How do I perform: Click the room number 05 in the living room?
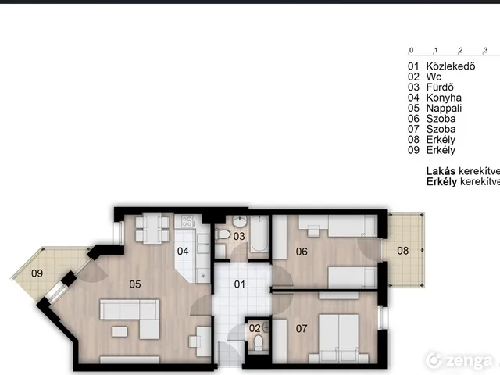[135, 284]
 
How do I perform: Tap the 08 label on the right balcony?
[403, 251]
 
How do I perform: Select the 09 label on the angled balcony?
[37, 273]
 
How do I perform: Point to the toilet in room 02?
[259, 343]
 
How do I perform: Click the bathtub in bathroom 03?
[259, 234]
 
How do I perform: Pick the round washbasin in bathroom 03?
[240, 220]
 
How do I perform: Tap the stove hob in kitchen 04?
[187, 221]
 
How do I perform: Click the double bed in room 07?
[339, 338]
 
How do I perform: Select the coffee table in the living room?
[120, 331]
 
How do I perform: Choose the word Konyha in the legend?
[444, 98]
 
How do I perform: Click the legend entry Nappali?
[444, 109]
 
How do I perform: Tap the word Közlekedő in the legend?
[451, 66]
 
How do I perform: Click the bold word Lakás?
[441, 171]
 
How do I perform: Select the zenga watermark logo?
[459, 361]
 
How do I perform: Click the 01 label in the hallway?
[240, 284]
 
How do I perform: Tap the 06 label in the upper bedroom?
[302, 252]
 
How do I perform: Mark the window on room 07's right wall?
[381, 318]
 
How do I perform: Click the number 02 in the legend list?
[413, 77]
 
